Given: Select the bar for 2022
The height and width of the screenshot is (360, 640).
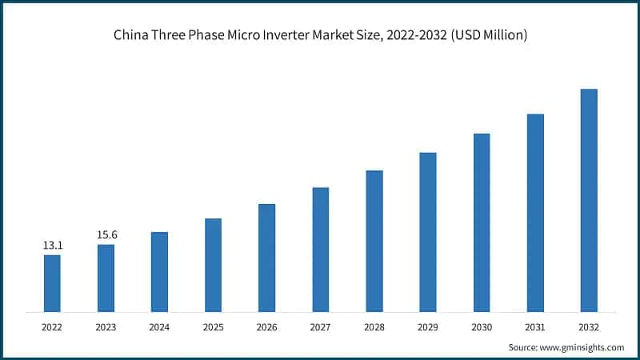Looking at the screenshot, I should pos(52,283).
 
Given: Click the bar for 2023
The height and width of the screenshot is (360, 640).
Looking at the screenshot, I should pos(106,278).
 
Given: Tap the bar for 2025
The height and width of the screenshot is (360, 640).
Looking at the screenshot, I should pos(213,265).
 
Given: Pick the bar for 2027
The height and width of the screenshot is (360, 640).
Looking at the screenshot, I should pos(320,250).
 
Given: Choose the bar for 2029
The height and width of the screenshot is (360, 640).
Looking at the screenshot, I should pos(428,232).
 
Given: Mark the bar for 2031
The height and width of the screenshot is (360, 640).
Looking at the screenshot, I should pos(535,213).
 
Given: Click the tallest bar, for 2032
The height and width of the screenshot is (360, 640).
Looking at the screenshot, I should pos(589,200).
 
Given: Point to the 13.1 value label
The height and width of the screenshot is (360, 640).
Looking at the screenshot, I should pos(52,246).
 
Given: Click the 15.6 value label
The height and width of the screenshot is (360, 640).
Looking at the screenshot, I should pos(106,234).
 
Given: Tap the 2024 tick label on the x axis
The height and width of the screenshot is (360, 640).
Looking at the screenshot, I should pos(159,326).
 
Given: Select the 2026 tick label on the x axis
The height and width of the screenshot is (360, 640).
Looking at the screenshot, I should pos(266,326).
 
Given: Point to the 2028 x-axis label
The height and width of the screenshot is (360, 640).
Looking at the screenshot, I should pos(374,326).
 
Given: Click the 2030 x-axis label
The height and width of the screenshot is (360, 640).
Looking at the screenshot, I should pos(482,326).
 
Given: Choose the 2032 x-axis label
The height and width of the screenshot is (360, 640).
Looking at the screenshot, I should pos(589,326).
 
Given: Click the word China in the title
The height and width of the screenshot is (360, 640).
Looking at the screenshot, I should pos(130,36).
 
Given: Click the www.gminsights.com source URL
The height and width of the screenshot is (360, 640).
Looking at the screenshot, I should pos(582,347).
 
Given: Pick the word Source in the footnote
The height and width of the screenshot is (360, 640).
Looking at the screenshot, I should pos(523,347).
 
